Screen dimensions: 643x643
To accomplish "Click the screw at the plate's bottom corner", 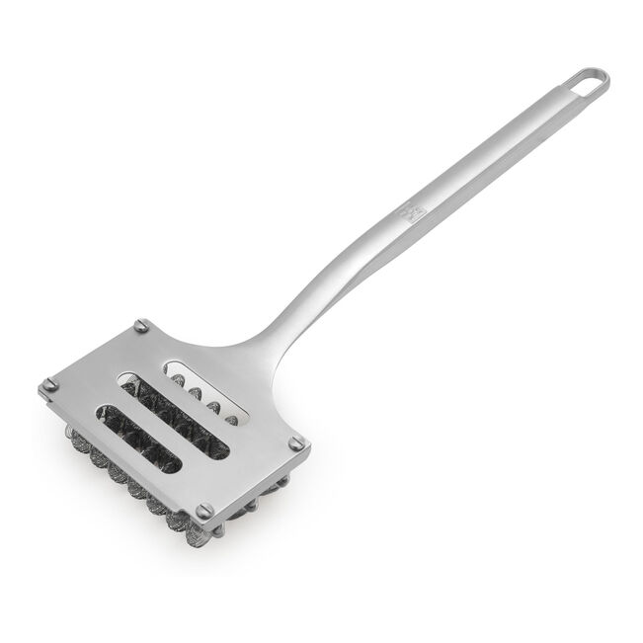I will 205,511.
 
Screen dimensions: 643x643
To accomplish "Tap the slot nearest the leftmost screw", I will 138,436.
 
